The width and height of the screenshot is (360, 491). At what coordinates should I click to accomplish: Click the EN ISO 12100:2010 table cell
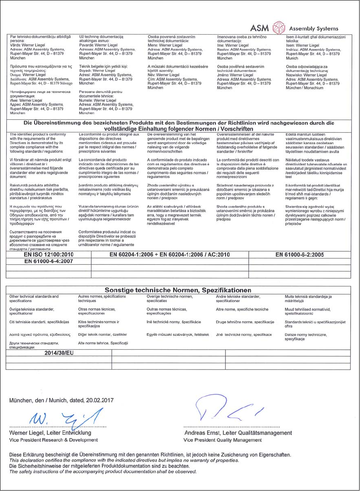[x=49, y=255]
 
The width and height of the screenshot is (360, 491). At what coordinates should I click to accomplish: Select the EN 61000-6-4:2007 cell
[x=49, y=261]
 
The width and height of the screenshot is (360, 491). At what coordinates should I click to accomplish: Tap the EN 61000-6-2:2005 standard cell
[x=300, y=255]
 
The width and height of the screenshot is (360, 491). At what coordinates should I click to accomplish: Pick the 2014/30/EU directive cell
[x=59, y=353]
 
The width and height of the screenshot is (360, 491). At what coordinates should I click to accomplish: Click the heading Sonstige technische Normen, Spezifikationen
[x=178, y=290]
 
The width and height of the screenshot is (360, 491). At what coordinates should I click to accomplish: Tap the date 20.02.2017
[x=99, y=400]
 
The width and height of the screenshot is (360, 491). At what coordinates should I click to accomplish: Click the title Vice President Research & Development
[x=47, y=440]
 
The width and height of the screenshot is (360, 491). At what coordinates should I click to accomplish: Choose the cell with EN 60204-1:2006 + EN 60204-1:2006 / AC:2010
[x=170, y=255]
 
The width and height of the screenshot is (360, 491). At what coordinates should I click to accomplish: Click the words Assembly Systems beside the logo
[x=313, y=29]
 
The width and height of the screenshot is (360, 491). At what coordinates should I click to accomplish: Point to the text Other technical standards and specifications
[x=34, y=299]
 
